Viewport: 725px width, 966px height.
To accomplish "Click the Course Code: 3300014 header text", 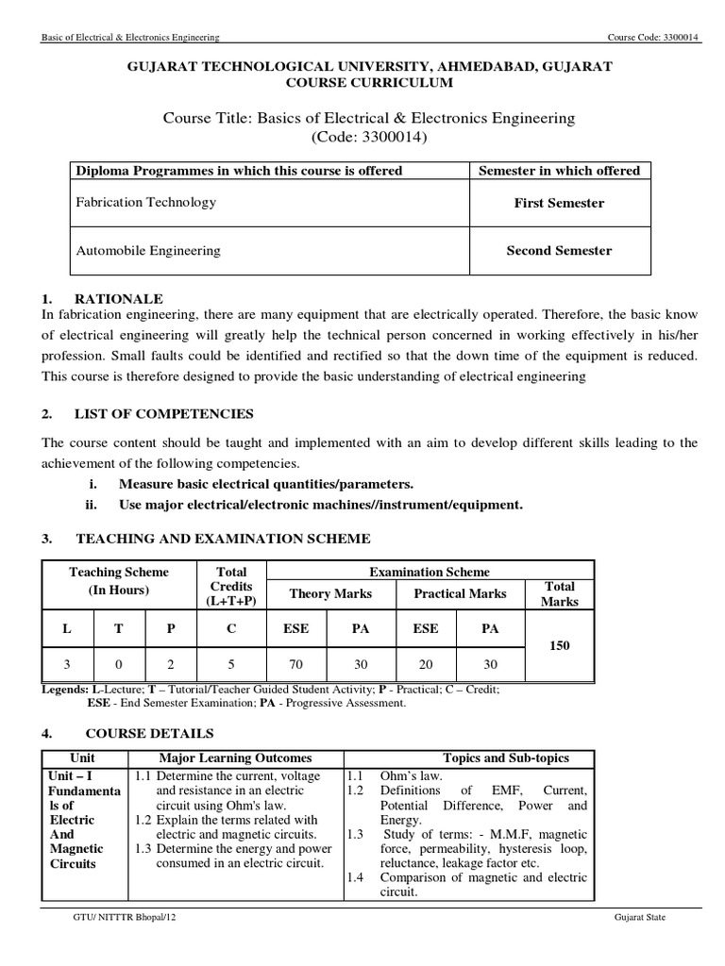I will pos(655,38).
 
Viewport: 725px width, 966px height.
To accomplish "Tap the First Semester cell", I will pos(559,203).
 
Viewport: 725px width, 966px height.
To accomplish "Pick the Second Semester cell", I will pos(559,251).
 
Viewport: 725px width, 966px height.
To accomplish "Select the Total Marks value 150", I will pos(559,645).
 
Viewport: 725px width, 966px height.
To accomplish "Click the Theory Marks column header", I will pos(329,593).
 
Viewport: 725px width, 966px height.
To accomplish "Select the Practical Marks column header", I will pos(461,593).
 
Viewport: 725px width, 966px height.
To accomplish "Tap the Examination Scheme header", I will pos(430,572).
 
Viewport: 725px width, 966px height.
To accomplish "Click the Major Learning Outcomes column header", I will pos(235,758).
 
